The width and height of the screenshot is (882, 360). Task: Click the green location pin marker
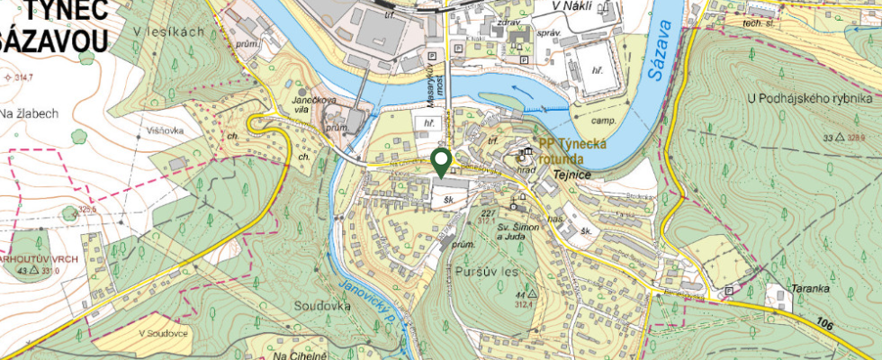click(x=441, y=162)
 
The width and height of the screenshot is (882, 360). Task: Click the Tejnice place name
click(x=573, y=175)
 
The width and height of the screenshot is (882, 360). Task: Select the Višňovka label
click(x=160, y=130)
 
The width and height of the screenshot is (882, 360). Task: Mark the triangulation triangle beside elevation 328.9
click(x=839, y=138)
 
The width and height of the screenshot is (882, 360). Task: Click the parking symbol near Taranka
click(x=729, y=291)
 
